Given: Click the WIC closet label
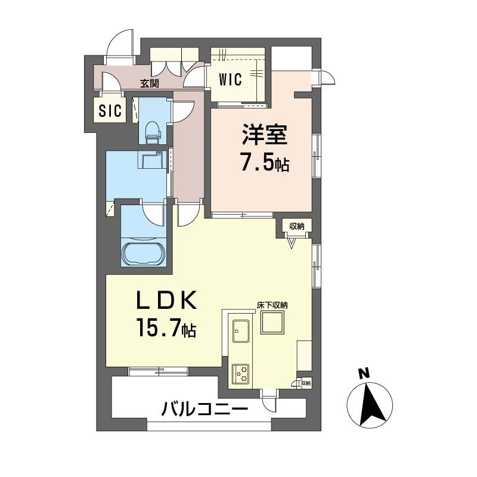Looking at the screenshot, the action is [230, 80].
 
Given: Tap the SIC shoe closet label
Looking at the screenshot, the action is [110, 110].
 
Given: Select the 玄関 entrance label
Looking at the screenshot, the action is [150, 83].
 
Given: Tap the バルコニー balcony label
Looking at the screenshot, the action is [205, 408].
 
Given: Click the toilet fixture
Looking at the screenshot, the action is [152, 132].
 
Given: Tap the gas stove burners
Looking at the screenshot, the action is [241, 374].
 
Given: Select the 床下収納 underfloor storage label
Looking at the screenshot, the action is [272, 305].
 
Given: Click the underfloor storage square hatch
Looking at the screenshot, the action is [272, 323].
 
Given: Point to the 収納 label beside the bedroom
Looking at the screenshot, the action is [296, 226].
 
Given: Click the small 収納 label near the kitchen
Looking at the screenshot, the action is [306, 383].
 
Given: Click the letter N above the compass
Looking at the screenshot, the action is [363, 373].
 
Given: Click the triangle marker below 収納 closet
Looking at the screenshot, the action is [292, 243].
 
